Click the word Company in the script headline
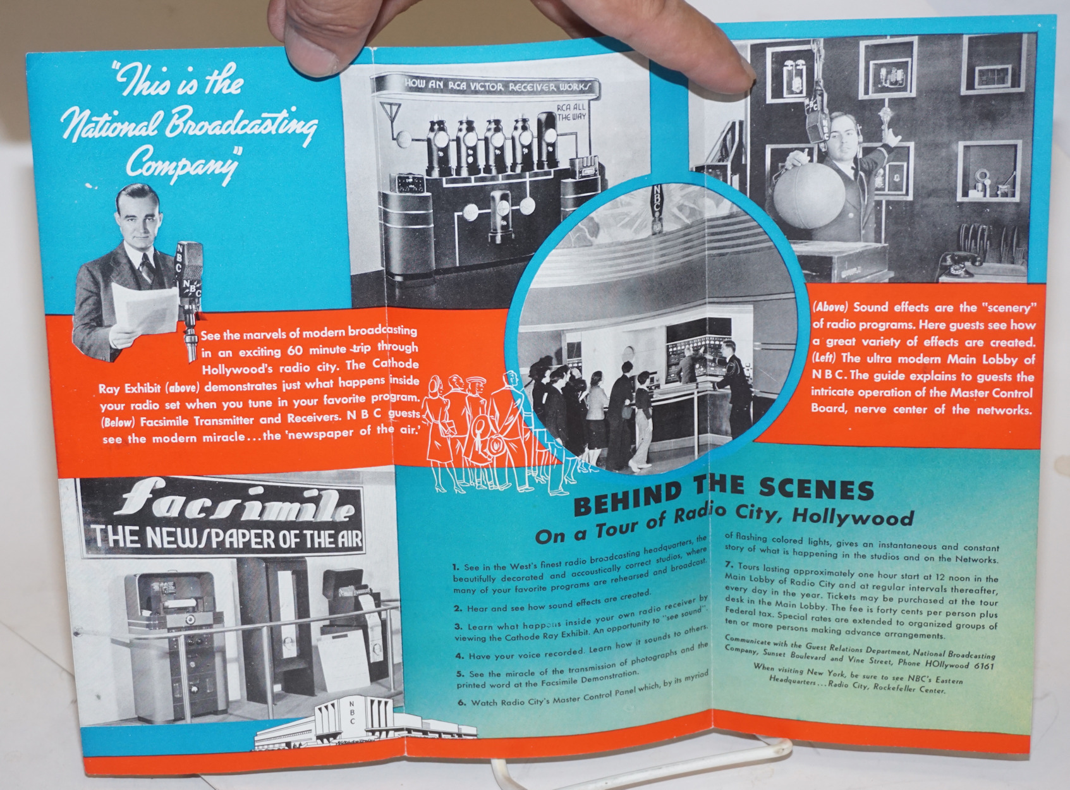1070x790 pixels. pyautogui.click(x=182, y=162)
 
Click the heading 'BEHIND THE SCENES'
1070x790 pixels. pyautogui.click(x=724, y=496)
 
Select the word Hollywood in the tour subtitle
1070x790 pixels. pyautogui.click(x=853, y=517)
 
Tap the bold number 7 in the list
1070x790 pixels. pyautogui.click(x=729, y=564)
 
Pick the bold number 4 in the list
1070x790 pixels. pyautogui.click(x=459, y=656)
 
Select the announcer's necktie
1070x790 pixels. pyautogui.click(x=146, y=269)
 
